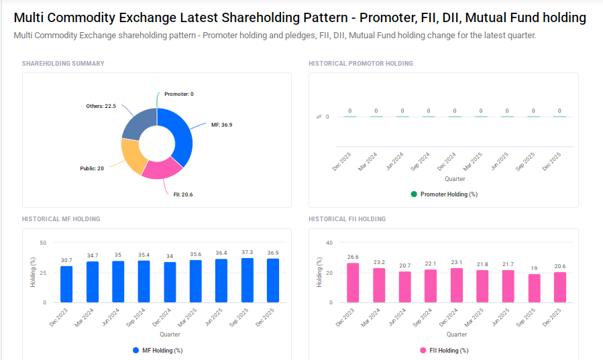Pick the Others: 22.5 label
click(x=101, y=106)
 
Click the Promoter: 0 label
click(x=178, y=94)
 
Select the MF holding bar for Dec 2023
click(x=66, y=284)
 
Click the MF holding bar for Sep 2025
click(x=248, y=280)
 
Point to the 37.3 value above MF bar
click(x=248, y=252)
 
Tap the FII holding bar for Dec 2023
click(x=352, y=282)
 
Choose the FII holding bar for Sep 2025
click(x=534, y=288)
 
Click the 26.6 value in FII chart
click(x=352, y=257)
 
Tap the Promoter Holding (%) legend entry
click(x=444, y=194)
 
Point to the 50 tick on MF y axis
click(x=43, y=243)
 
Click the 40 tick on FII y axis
click(x=329, y=243)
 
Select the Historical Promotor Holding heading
click(x=360, y=64)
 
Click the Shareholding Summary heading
click(x=63, y=64)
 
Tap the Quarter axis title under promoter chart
click(x=454, y=179)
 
